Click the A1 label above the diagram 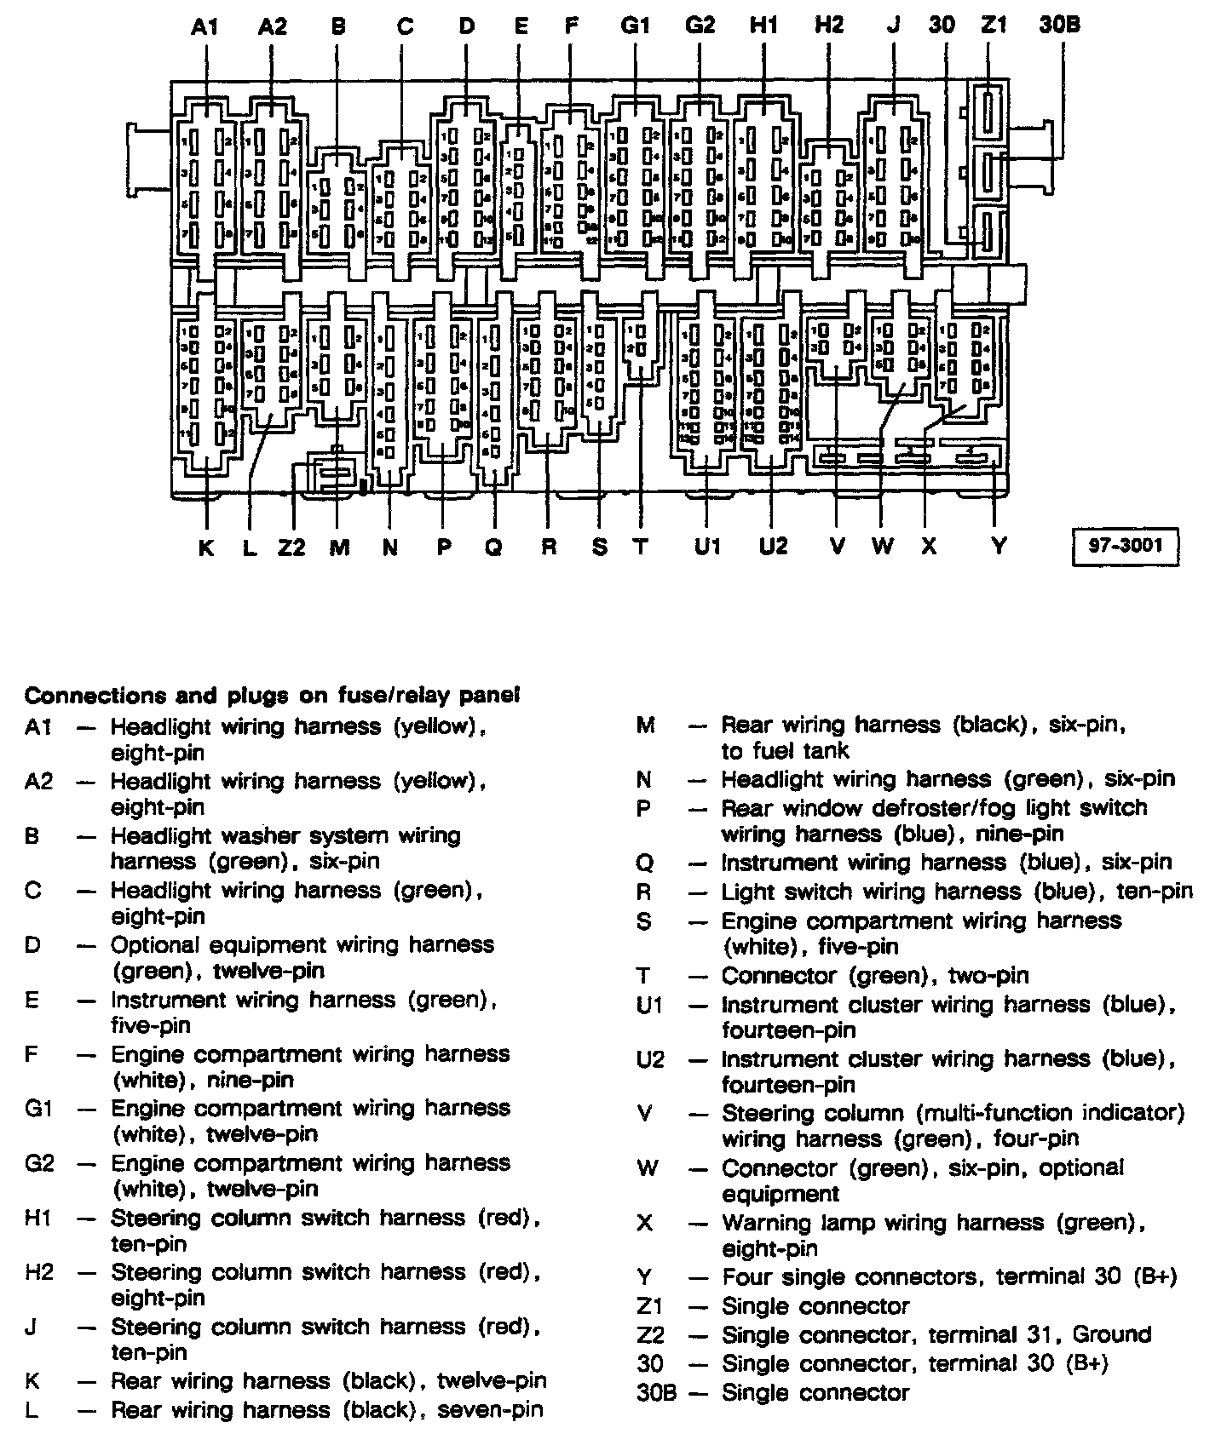tap(204, 26)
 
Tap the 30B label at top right tap(1059, 26)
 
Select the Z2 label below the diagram tap(291, 547)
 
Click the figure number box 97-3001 tap(1125, 546)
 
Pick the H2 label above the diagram tap(828, 26)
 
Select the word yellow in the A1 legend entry tap(437, 727)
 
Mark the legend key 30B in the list tap(656, 1393)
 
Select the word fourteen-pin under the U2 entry tap(788, 1085)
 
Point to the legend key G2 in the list tap(39, 1163)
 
